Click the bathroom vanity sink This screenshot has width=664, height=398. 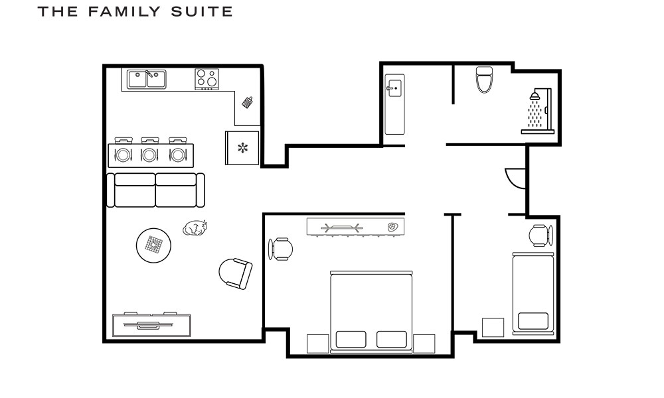(x=394, y=86)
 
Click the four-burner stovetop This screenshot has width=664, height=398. (x=207, y=79)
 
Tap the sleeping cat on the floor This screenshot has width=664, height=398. (x=195, y=228)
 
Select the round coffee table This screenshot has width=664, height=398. (x=155, y=245)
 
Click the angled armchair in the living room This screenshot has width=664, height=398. (x=236, y=273)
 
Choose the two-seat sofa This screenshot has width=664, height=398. (x=155, y=190)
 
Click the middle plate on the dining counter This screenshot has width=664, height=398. (x=149, y=155)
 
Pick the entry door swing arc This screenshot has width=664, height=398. (x=515, y=176)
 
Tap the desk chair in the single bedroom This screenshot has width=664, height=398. (x=540, y=235)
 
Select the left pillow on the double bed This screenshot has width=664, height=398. (x=351, y=339)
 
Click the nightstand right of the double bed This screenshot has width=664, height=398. (x=424, y=343)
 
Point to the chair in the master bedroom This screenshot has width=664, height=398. (x=282, y=249)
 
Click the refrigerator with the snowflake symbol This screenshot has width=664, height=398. (x=242, y=148)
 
